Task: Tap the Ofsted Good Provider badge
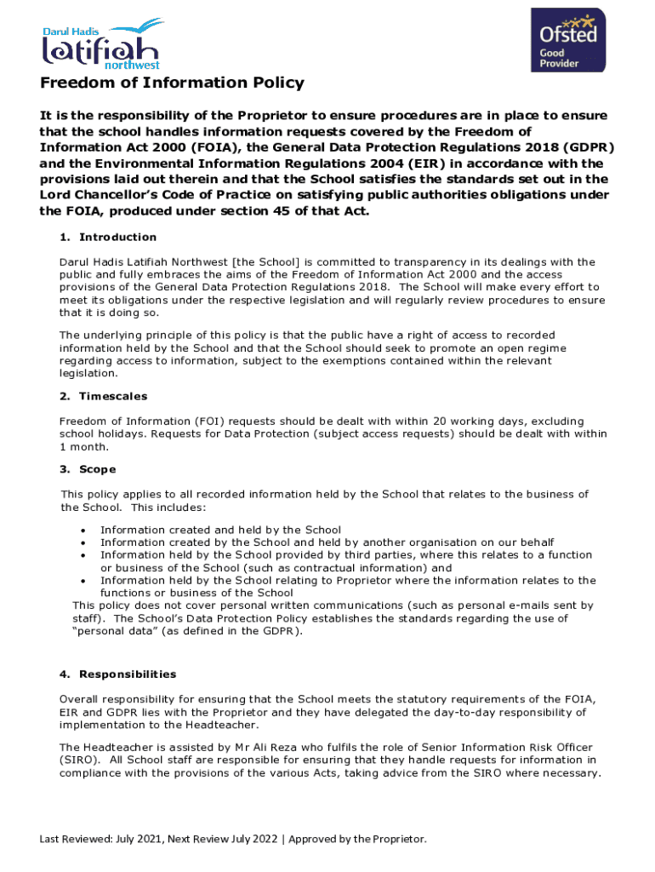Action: (568, 40)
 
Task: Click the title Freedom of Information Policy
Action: (172, 83)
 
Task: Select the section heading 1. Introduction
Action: (108, 237)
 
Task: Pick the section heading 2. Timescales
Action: (103, 396)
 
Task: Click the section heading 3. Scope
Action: (88, 469)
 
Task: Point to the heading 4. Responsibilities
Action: (118, 674)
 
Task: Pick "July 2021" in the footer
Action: (136, 839)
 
